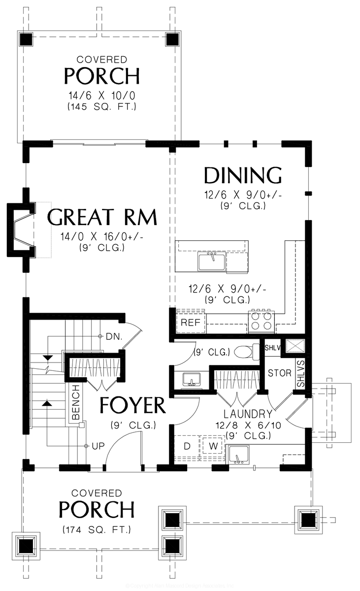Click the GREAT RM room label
tap(102, 217)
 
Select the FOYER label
tap(132, 405)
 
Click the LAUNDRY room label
tap(248, 414)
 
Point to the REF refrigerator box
tap(190, 323)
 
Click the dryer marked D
tap(187, 446)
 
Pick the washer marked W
tap(213, 446)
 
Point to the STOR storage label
tap(280, 373)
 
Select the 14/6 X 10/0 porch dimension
tap(101, 95)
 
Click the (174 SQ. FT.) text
tap(97, 530)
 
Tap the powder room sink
tap(191, 380)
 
